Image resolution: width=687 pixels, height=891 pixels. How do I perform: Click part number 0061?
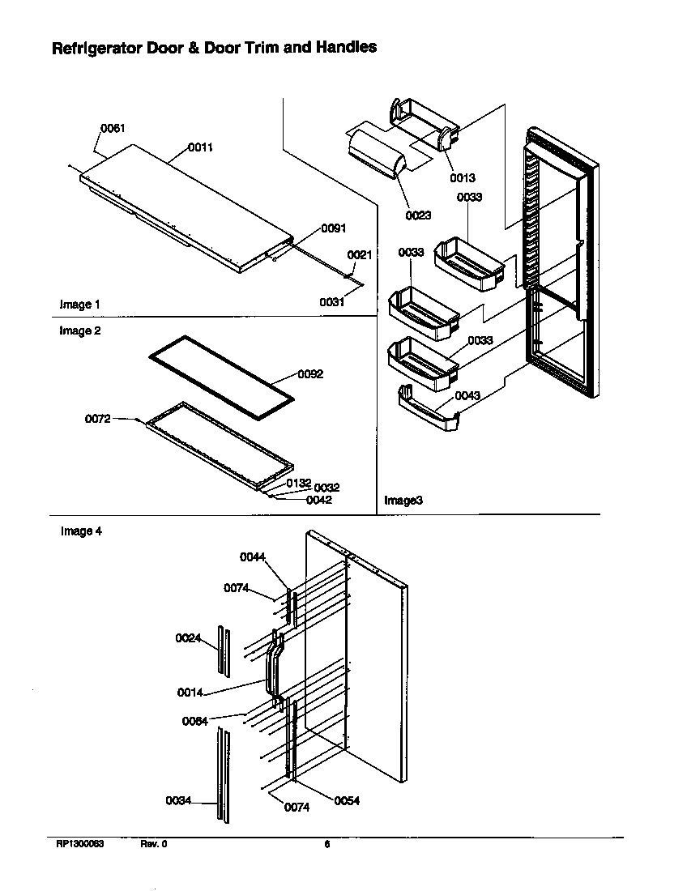click(x=113, y=128)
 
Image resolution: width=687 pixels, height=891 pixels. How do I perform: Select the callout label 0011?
click(x=201, y=147)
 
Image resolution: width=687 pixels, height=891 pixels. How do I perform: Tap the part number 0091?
click(x=334, y=228)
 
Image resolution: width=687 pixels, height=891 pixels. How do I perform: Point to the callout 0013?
click(x=463, y=177)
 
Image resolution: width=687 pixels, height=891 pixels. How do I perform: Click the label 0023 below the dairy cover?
click(x=419, y=215)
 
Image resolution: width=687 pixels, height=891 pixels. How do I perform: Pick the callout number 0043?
click(x=467, y=395)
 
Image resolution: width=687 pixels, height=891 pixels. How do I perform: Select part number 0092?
click(x=310, y=374)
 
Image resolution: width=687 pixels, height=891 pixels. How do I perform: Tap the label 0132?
click(x=298, y=483)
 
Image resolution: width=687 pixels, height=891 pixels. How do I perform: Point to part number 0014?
click(x=190, y=693)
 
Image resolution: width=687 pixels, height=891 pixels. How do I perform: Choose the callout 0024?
click(x=188, y=638)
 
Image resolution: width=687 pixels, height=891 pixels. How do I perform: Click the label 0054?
click(x=347, y=801)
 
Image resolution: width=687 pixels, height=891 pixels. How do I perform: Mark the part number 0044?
click(x=252, y=556)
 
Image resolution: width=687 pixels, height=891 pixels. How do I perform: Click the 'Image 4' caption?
click(x=80, y=532)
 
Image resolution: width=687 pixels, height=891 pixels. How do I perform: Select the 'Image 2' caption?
click(x=80, y=331)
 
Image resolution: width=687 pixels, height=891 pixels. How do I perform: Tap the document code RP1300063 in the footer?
click(x=79, y=844)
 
